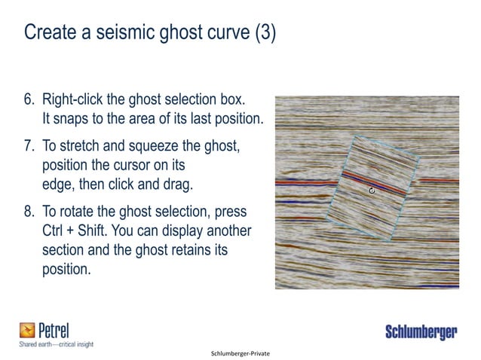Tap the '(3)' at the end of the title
(262, 34)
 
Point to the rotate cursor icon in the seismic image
(372, 191)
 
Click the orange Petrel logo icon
(28, 330)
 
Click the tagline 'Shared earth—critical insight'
(56, 344)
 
